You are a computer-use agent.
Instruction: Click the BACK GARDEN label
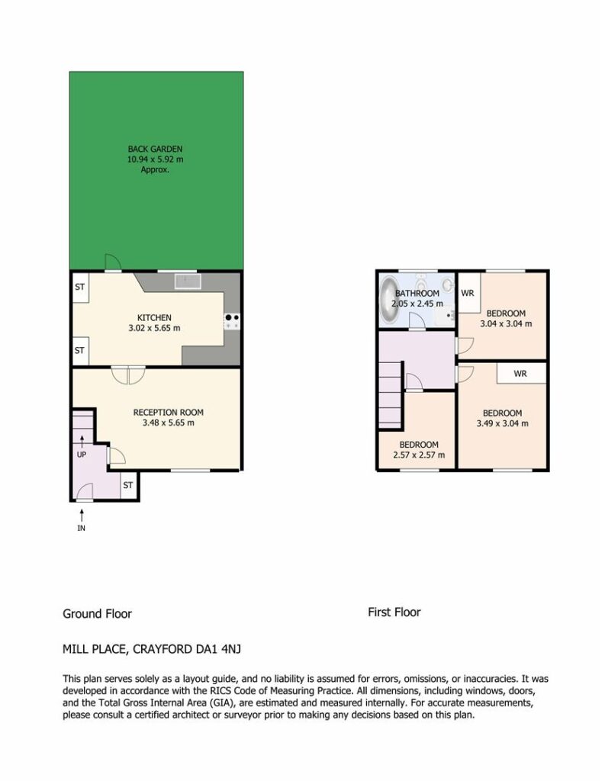point(155,149)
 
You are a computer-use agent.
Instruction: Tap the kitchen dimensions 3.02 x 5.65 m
point(154,328)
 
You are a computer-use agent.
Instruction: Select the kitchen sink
point(188,281)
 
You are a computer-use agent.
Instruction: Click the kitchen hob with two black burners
point(232,321)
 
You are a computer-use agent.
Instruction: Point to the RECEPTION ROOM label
point(169,413)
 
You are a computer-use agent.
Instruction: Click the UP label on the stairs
point(82,455)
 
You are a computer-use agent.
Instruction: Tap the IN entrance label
point(81,528)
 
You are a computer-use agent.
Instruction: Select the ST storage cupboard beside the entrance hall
point(128,485)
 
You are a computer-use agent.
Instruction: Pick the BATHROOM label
point(417,294)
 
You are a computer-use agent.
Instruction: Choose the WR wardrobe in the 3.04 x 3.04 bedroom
point(468,293)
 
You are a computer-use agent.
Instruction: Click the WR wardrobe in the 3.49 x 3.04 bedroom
point(521,373)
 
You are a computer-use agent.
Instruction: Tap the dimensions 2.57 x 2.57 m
point(419,455)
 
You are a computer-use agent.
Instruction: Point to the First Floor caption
point(394,612)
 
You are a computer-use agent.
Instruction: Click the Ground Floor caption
point(97,614)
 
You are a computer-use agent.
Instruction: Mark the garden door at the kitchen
point(113,263)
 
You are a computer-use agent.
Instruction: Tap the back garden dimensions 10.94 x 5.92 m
point(155,159)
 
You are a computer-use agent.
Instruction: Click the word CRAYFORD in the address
point(162,649)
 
